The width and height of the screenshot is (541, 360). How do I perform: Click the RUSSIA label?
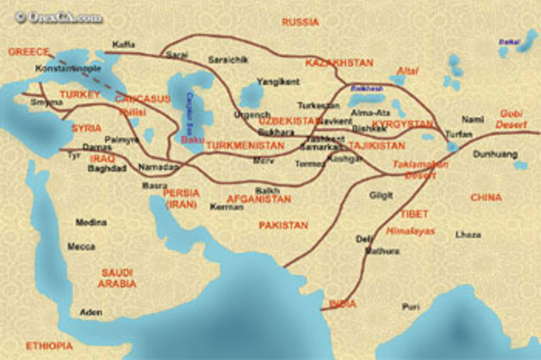[x=300, y=22]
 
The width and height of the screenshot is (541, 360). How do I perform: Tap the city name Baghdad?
[x=107, y=168]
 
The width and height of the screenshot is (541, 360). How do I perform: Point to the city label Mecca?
[x=81, y=247]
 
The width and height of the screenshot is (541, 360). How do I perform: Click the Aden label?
[x=90, y=312]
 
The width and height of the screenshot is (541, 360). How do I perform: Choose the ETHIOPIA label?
[x=49, y=346]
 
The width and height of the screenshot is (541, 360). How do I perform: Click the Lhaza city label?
[x=467, y=234]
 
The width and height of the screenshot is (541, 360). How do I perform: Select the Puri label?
[x=411, y=307]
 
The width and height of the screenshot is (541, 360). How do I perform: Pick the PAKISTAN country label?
[x=284, y=226]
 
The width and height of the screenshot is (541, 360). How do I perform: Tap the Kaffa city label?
[x=123, y=45]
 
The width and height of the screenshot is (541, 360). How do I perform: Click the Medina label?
[x=90, y=222]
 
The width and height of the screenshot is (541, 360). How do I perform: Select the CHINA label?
[x=485, y=198]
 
